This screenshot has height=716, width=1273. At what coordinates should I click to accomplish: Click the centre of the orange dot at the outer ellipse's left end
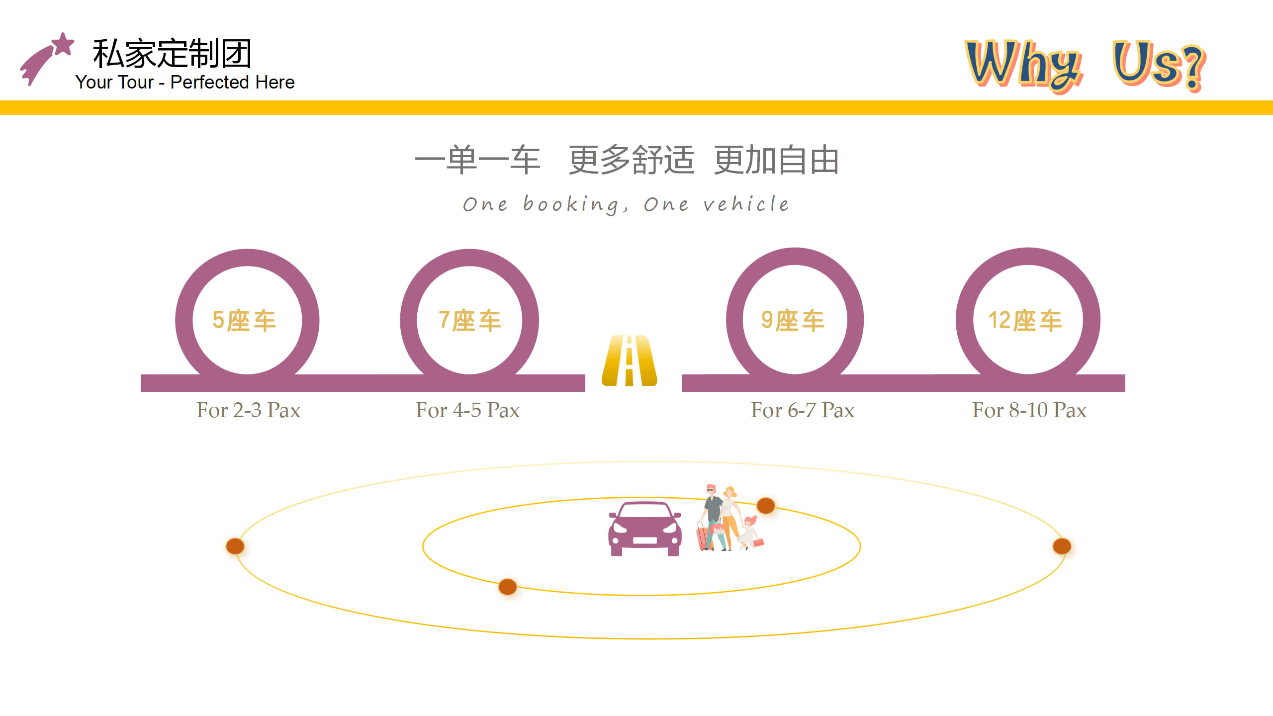[235, 546]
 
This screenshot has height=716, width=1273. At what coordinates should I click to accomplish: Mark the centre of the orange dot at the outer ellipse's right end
[1062, 546]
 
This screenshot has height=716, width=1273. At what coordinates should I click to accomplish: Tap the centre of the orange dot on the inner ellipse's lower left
[507, 587]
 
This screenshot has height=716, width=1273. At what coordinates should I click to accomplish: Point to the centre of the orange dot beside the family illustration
[766, 506]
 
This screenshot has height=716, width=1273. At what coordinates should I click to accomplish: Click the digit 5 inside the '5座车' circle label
[218, 320]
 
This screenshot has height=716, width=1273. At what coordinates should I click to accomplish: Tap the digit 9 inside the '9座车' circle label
[767, 320]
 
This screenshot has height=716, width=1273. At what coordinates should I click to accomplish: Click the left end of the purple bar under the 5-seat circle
[142, 383]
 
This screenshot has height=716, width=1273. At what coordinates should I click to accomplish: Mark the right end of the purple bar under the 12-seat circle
[1124, 383]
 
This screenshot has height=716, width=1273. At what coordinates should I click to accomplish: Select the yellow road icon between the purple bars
[630, 360]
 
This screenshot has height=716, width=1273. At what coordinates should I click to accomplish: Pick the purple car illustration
[645, 529]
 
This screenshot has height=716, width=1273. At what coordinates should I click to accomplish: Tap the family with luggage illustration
[729, 518]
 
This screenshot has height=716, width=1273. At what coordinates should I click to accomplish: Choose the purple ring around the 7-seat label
[469, 258]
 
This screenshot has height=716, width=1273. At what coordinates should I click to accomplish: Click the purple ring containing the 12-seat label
[1028, 257]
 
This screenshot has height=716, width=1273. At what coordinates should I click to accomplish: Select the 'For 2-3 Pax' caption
[248, 410]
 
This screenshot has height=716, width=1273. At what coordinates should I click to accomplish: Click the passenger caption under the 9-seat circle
[803, 410]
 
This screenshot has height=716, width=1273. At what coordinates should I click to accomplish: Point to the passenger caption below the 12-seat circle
[1029, 410]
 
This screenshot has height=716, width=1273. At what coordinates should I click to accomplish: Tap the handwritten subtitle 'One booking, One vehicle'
[626, 204]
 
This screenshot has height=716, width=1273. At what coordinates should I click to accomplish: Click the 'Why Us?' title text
[1086, 65]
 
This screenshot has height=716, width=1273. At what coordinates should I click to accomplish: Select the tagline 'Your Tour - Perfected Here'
[185, 82]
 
